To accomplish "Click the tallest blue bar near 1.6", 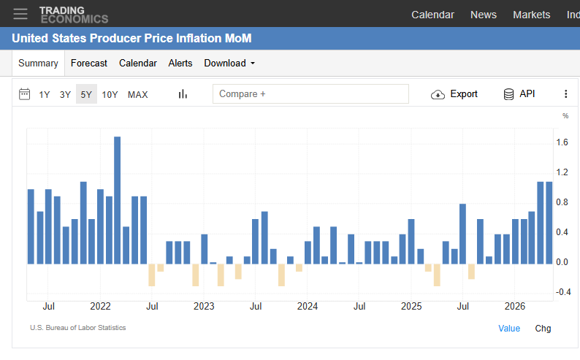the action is (118, 200).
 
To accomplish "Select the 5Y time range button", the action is (86, 94).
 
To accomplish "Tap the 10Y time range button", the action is (110, 95).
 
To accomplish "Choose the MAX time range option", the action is (137, 95).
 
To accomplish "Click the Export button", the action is (454, 94).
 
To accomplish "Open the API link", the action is (519, 94).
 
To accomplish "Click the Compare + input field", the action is (310, 94).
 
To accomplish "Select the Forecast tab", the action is (89, 64).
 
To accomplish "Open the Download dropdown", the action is (229, 64).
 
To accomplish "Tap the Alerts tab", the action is (180, 64).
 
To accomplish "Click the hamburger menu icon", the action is (20, 14).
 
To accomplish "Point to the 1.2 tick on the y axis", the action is (562, 172).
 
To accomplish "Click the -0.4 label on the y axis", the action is (563, 292).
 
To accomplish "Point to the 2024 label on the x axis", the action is (308, 307).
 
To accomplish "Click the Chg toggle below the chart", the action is (543, 328).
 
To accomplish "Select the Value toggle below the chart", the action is (509, 328).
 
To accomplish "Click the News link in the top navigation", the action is (484, 15).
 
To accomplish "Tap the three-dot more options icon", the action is (565, 94).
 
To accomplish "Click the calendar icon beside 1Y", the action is (24, 94).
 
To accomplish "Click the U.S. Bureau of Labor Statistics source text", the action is (78, 328).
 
